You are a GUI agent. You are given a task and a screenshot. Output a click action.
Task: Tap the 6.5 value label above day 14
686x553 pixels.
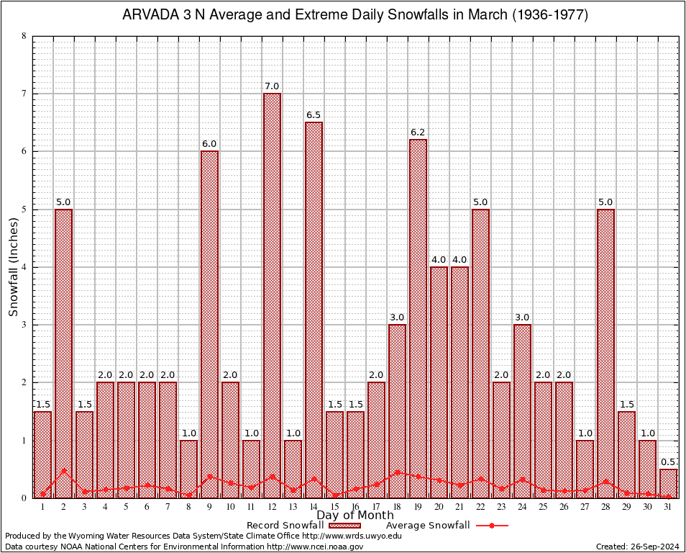314,115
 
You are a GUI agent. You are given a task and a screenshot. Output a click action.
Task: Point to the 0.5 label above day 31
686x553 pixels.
669,462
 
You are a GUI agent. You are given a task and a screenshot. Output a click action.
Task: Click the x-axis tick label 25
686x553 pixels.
543,508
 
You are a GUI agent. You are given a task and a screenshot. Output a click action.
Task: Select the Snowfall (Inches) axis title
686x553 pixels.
14,267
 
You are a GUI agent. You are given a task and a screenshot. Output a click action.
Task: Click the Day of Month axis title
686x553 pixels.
355,516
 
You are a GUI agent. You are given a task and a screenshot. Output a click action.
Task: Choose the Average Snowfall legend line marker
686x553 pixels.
491,526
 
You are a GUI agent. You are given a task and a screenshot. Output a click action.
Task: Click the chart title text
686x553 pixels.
355,15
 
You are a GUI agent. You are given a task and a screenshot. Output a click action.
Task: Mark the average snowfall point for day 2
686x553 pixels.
64,471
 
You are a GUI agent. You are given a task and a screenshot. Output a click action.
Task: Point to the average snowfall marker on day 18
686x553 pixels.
397,472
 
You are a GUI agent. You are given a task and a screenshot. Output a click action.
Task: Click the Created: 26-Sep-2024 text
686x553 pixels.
638,547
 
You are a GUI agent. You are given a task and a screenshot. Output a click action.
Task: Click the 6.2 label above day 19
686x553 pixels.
418,132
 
